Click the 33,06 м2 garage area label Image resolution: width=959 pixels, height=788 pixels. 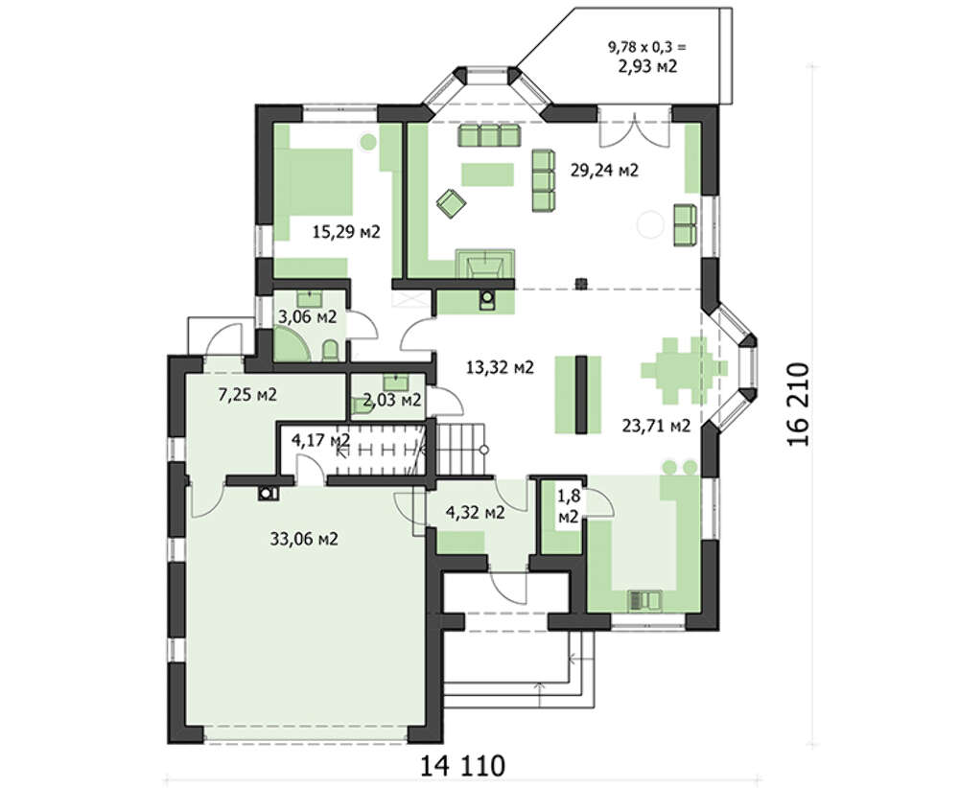pyautogui.click(x=304, y=539)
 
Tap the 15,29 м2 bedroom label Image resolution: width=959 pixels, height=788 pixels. pyautogui.click(x=346, y=232)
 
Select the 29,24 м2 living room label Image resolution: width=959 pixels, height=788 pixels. pyautogui.click(x=604, y=170)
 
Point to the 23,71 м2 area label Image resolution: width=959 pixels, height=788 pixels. pyautogui.click(x=656, y=425)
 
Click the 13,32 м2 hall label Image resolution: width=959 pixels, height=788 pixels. pyautogui.click(x=500, y=367)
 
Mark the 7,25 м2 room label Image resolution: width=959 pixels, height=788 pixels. pyautogui.click(x=247, y=394)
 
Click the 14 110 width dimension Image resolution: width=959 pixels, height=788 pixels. pyautogui.click(x=463, y=765)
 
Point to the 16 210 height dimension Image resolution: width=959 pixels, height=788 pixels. pyautogui.click(x=798, y=405)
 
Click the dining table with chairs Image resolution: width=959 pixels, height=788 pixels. pyautogui.click(x=684, y=370)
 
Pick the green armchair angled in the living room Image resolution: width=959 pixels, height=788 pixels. pyautogui.click(x=450, y=202)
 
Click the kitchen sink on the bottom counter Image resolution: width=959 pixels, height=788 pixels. pyautogui.click(x=645, y=601)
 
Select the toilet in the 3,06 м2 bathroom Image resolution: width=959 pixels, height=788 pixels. pyautogui.click(x=330, y=350)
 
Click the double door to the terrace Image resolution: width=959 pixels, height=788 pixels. pyautogui.click(x=635, y=129)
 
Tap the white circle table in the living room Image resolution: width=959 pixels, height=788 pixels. pyautogui.click(x=650, y=223)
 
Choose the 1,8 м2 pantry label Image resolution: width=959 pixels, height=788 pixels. pyautogui.click(x=568, y=506)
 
